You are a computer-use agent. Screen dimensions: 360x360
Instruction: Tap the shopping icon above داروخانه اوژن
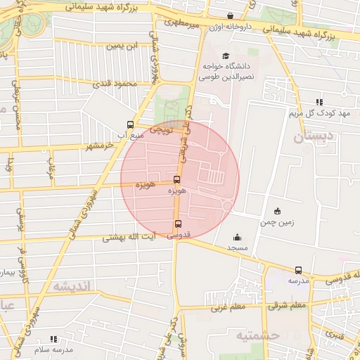(230, 16)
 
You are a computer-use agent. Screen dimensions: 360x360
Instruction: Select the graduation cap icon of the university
(225, 56)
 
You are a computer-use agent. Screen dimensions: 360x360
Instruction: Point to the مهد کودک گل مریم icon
(320, 102)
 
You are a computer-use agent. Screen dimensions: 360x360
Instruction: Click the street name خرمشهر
(99, 146)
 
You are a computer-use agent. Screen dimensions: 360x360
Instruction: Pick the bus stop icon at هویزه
(176, 179)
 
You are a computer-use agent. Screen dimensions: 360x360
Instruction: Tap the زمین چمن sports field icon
(277, 211)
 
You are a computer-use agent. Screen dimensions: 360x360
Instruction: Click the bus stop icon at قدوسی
(177, 225)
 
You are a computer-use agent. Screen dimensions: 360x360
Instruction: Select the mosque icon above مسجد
(237, 238)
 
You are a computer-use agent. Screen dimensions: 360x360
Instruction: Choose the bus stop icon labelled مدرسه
(298, 270)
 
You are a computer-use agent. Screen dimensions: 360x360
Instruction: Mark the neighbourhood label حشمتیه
(259, 335)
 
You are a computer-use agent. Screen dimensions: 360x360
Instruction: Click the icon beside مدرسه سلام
(54, 340)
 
